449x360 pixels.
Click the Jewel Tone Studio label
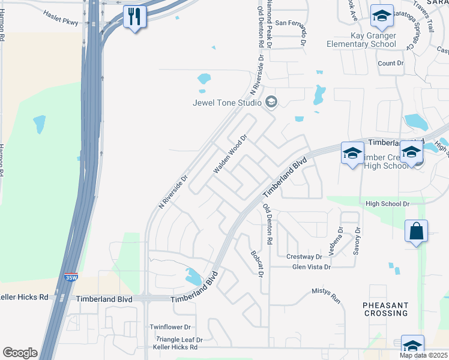tap(227, 102)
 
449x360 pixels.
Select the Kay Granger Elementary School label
tap(361, 40)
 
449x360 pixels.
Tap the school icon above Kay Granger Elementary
tap(381, 16)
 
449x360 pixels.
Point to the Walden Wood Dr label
tap(230, 154)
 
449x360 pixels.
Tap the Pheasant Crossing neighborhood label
tap(386, 309)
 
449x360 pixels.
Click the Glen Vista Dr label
tap(311, 267)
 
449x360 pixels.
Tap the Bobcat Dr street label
tap(257, 263)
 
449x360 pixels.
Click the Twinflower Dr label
tap(170, 327)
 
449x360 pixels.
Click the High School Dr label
tap(387, 204)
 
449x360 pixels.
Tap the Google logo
tap(20, 353)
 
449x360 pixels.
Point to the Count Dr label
tap(390, 63)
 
